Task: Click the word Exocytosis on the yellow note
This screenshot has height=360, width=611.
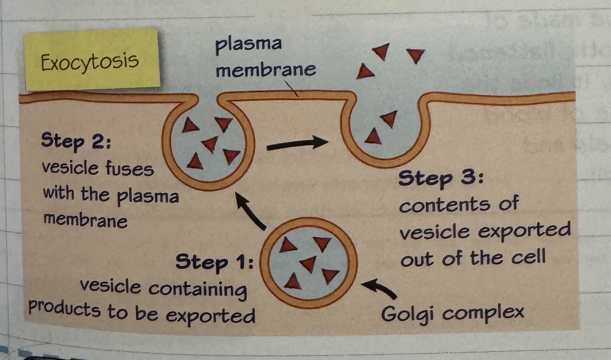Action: coord(90,61)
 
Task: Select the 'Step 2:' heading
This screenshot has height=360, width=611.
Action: coord(76,141)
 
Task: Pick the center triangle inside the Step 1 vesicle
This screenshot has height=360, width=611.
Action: coord(309,264)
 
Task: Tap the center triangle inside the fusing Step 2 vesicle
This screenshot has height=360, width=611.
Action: coord(210,144)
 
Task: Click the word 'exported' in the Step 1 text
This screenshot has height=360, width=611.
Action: coord(210,317)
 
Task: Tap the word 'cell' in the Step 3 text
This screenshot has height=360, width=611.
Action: coord(528,257)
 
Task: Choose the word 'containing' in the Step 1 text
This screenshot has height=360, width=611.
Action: coord(197,289)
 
